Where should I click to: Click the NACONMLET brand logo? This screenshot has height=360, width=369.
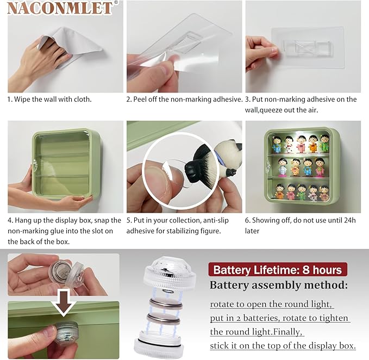[60, 8]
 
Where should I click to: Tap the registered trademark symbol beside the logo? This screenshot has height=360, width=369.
[116, 3]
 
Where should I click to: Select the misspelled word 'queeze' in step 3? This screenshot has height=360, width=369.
[271, 110]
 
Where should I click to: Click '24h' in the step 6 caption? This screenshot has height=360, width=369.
[350, 220]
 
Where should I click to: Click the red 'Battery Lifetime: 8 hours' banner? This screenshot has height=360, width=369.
[278, 269]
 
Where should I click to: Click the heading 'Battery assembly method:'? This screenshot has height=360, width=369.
[279, 285]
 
